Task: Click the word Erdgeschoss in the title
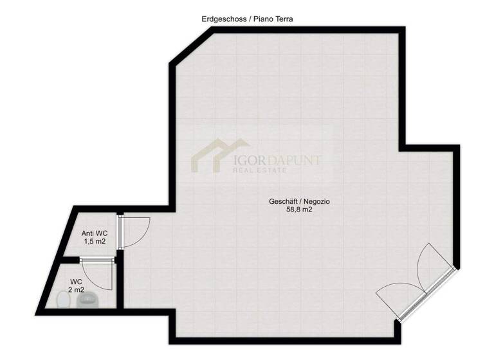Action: click(x=221, y=19)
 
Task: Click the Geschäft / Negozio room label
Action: click(x=295, y=201)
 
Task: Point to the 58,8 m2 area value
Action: click(x=295, y=210)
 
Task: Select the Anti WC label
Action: click(x=94, y=233)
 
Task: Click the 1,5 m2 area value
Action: click(x=94, y=242)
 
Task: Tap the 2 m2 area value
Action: click(x=77, y=290)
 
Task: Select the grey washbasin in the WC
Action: click(x=90, y=298)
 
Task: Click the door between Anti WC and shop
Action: click(x=134, y=232)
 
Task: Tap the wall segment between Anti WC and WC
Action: click(x=65, y=258)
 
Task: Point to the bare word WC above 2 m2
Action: click(x=77, y=282)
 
